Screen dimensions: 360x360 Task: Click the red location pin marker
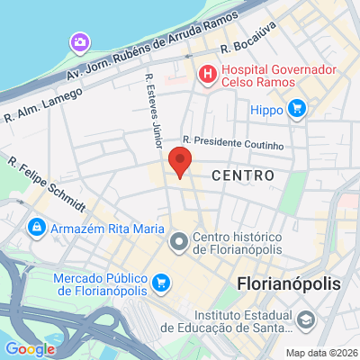(x=181, y=164)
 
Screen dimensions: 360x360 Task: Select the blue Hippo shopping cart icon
(x=297, y=110)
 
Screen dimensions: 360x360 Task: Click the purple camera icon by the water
(x=80, y=42)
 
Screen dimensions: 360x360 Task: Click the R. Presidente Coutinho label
(x=233, y=142)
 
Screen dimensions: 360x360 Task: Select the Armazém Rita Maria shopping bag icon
(x=36, y=227)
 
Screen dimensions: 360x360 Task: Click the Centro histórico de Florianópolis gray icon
(x=178, y=241)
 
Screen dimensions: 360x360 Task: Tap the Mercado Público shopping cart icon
(x=161, y=283)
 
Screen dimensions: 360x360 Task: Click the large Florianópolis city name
(x=291, y=283)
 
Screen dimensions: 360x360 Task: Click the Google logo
(x=29, y=349)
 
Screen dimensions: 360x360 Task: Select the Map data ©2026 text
(x=321, y=352)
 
